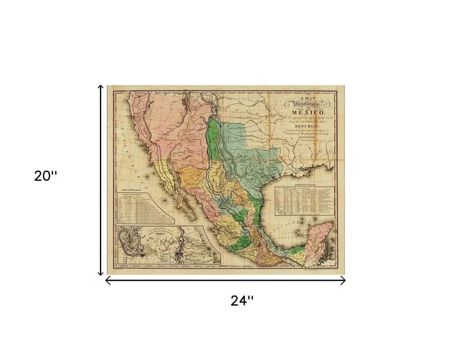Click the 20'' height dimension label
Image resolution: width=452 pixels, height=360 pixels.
pyautogui.click(x=46, y=176)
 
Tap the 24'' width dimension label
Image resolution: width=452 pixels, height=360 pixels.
pyautogui.click(x=242, y=301)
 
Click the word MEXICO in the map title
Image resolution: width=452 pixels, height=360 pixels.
pyautogui.click(x=307, y=112)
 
